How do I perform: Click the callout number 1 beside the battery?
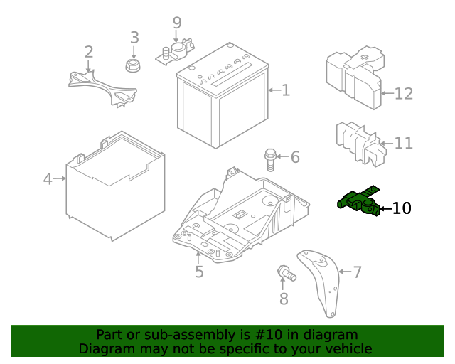click(x=286, y=90)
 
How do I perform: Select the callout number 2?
click(x=89, y=52)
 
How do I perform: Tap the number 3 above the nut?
click(x=134, y=38)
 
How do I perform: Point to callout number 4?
click(x=48, y=178)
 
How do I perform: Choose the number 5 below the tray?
click(x=199, y=272)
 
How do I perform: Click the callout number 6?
click(x=294, y=157)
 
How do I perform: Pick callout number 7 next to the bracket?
click(x=357, y=271)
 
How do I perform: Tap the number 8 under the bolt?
click(x=284, y=299)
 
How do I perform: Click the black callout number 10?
click(x=401, y=208)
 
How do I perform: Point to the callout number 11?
click(x=403, y=144)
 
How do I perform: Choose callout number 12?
click(x=403, y=93)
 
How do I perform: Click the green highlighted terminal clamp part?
click(x=358, y=203)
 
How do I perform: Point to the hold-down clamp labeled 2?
click(x=103, y=85)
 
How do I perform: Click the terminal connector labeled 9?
click(x=176, y=50)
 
